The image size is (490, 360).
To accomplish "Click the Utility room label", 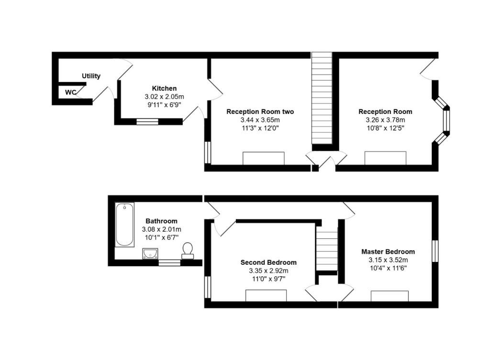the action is pyautogui.click(x=91, y=76).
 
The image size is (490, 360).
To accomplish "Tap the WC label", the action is pyautogui.click(x=70, y=92).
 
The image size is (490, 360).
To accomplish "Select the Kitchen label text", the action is pyautogui.click(x=165, y=89).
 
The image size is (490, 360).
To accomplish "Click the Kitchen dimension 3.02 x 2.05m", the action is pyautogui.click(x=165, y=97).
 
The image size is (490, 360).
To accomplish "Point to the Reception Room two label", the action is pyautogui.click(x=260, y=112).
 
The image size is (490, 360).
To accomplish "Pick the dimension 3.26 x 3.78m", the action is pyautogui.click(x=385, y=120).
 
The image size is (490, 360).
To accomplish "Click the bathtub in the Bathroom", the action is pyautogui.click(x=125, y=225).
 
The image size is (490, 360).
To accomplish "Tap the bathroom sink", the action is pyautogui.click(x=150, y=254).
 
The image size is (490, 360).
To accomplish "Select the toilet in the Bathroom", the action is pyautogui.click(x=188, y=251).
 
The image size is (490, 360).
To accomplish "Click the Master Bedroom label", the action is pyautogui.click(x=388, y=251).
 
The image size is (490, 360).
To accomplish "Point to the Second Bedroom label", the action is pyautogui.click(x=268, y=262).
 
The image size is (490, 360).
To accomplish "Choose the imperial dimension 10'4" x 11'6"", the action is pyautogui.click(x=388, y=268).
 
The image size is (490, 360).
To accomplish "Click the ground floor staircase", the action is pyautogui.click(x=322, y=98).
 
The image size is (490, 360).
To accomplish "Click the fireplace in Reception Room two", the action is pyautogui.click(x=264, y=158).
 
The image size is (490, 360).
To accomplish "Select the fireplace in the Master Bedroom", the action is pyautogui.click(x=390, y=296).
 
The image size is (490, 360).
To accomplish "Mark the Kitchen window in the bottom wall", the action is pyautogui.click(x=147, y=122).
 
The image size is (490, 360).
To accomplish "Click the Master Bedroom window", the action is pyautogui.click(x=435, y=251).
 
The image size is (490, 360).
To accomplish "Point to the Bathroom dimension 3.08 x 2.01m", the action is pyautogui.click(x=162, y=229).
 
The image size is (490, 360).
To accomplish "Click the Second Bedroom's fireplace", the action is pyautogui.click(x=266, y=296).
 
